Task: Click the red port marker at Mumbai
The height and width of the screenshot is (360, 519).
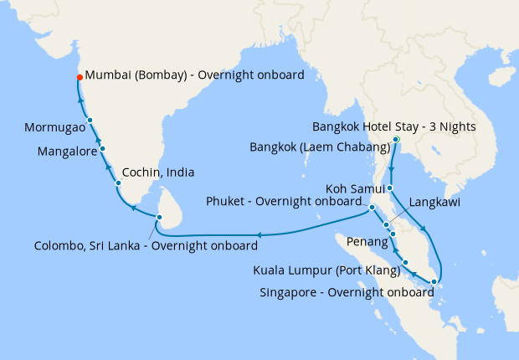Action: click(x=80, y=77)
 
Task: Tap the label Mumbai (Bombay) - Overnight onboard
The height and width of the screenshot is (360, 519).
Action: click(x=194, y=76)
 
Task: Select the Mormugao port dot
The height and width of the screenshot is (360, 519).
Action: click(x=90, y=121)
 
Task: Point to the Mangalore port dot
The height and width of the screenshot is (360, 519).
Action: click(x=102, y=148)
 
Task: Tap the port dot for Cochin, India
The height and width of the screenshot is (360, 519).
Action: click(x=118, y=183)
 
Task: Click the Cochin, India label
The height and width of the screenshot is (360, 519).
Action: click(x=158, y=172)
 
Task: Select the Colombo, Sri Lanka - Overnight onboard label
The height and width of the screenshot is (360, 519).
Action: click(x=146, y=245)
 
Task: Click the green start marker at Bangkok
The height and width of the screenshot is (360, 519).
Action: click(x=397, y=139)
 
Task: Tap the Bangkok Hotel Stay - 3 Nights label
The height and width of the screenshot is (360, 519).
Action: click(x=393, y=127)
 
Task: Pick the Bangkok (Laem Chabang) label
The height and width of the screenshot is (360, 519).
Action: click(x=321, y=148)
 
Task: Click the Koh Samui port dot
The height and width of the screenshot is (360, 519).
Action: click(x=390, y=188)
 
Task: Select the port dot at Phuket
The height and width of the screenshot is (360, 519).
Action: click(x=372, y=206)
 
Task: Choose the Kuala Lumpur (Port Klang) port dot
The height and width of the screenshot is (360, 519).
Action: click(x=405, y=263)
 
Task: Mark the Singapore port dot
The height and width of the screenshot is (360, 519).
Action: click(x=433, y=281)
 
